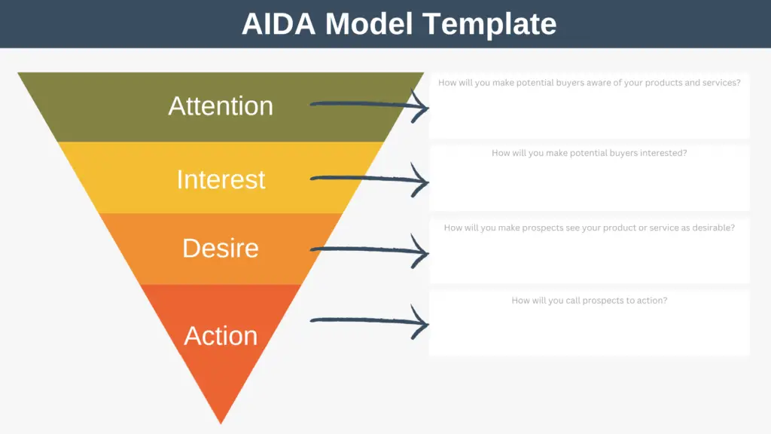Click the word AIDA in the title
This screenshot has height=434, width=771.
tap(279, 23)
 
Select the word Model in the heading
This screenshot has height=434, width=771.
tap(369, 23)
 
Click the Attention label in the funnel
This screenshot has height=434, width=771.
tap(221, 105)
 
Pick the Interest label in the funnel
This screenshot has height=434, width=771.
tap(221, 179)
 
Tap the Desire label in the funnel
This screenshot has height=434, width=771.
tap(221, 248)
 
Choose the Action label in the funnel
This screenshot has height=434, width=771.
tap(221, 336)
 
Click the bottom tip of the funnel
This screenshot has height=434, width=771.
tap(221, 423)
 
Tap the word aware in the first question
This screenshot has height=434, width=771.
tap(599, 83)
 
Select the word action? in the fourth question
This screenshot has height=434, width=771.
tap(652, 301)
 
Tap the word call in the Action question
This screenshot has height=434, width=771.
tap(573, 301)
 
